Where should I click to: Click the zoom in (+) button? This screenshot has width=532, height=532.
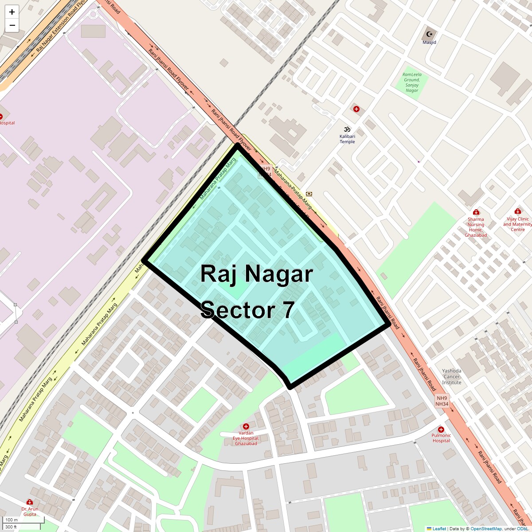point(12,12)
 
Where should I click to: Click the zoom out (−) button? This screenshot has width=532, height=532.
point(12,25)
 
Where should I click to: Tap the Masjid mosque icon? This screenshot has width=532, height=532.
point(429,34)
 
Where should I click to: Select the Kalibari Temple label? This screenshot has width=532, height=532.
point(347,139)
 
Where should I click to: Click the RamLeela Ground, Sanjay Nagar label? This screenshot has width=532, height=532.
point(412,82)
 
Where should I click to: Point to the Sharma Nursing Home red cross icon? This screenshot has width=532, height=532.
point(476,212)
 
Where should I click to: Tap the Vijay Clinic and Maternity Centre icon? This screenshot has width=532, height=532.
point(517,211)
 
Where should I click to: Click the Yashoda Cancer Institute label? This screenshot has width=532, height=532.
point(452,376)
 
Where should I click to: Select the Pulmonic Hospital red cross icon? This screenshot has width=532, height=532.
point(441,430)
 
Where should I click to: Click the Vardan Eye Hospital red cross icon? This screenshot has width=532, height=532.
point(246,426)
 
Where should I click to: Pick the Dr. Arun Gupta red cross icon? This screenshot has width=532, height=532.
point(30,502)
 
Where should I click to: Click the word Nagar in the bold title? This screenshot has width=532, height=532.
point(278,274)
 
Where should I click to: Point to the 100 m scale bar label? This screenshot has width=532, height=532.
point(12,520)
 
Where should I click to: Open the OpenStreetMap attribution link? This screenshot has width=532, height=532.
point(486,528)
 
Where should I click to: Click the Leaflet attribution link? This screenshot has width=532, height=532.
point(439,528)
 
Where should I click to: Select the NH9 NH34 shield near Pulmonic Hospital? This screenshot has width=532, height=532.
point(442,401)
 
